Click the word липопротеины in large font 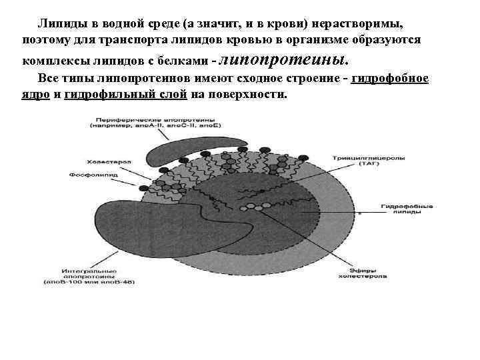pyautogui.click(x=283, y=61)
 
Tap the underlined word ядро pyautogui.click(x=32, y=94)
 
